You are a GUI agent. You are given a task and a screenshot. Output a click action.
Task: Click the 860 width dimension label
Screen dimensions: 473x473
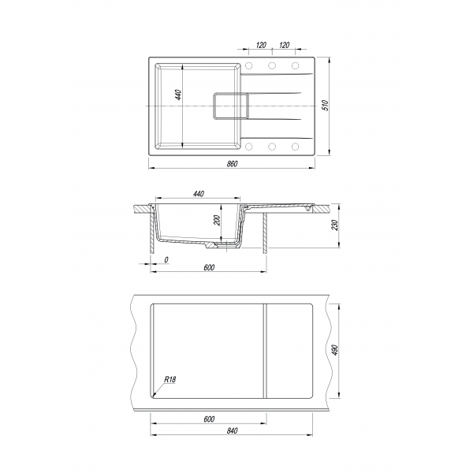click(x=232, y=164)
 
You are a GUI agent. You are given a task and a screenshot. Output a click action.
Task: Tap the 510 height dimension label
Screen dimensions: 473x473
click(x=325, y=105)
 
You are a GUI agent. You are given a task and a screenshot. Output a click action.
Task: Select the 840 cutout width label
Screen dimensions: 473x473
click(x=232, y=430)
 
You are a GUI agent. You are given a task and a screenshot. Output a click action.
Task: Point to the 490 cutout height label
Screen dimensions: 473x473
click(x=335, y=349)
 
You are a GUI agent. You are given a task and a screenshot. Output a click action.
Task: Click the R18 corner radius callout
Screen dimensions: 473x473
click(x=169, y=379)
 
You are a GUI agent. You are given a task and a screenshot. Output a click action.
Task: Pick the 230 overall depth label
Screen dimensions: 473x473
click(x=335, y=225)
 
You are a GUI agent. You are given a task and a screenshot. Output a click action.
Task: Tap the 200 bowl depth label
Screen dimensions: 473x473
click(x=217, y=220)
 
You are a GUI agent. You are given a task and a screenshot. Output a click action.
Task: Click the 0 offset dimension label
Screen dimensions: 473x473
click(x=166, y=259)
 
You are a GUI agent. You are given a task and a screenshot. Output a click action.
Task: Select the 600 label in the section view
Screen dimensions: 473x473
click(x=209, y=267)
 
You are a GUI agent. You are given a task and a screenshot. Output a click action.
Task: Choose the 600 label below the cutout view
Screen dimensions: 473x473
click(x=209, y=419)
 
